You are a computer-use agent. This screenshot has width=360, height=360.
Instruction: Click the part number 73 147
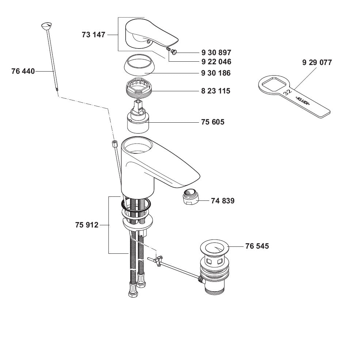[93, 35]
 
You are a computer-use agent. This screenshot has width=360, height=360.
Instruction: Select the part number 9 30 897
[216, 53]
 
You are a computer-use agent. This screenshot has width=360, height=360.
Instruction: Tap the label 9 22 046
[216, 62]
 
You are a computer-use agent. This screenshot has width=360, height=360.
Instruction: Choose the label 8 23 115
[216, 91]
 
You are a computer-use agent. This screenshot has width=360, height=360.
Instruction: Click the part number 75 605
[212, 122]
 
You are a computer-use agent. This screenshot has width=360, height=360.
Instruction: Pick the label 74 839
[222, 200]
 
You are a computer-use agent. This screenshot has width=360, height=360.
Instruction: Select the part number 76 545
[257, 246]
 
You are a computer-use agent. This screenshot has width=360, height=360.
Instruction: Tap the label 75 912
[87, 225]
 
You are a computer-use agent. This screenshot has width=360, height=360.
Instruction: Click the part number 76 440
[23, 71]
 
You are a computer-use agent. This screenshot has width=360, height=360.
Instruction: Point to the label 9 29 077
[317, 62]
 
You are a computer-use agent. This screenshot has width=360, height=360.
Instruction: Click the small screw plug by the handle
[175, 52]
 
